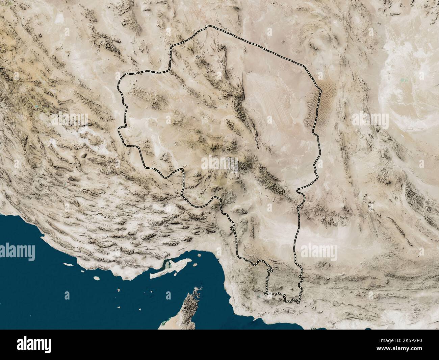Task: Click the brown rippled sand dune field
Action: point(316,105)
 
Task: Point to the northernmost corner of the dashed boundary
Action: point(206,26)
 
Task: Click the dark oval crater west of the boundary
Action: point(83,156)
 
